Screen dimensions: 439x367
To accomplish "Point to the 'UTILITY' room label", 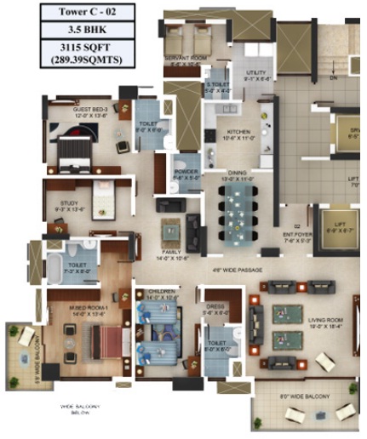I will click(257, 74).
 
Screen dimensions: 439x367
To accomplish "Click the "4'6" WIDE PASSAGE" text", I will click(238, 271).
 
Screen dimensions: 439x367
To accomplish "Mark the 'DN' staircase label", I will click(334, 77).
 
